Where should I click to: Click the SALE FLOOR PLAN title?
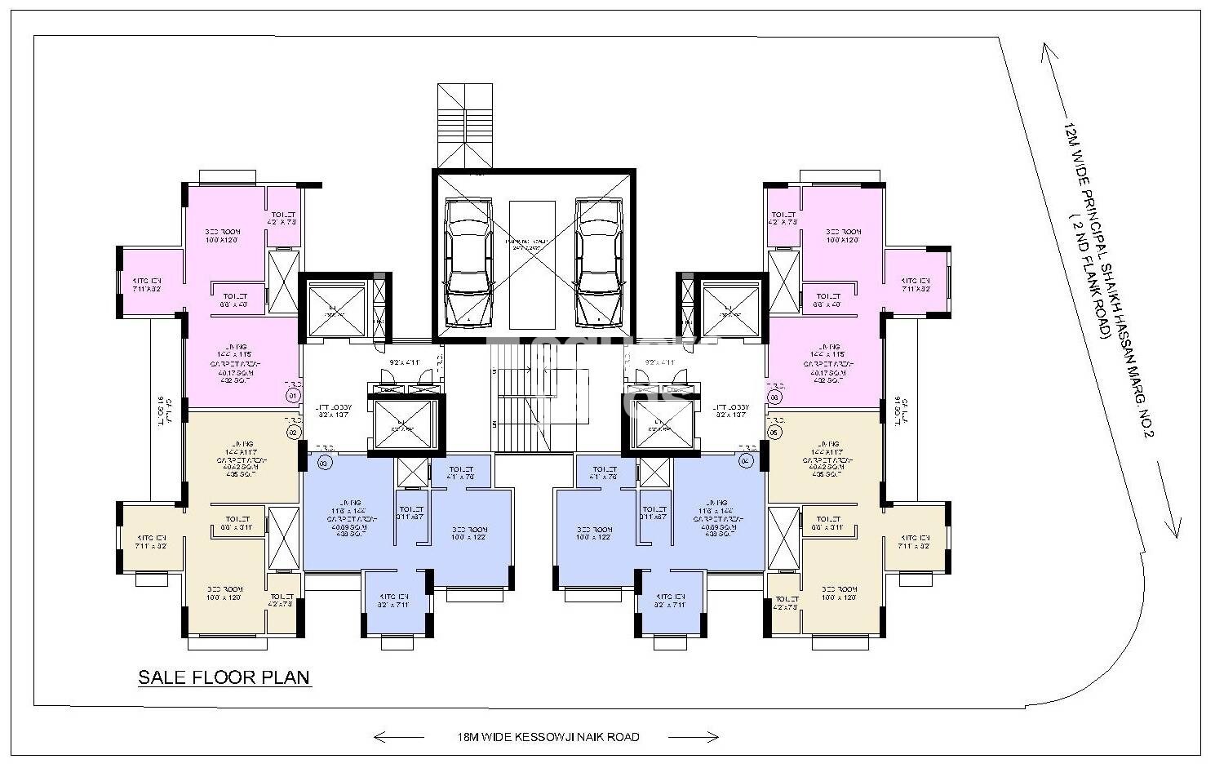[x=224, y=677]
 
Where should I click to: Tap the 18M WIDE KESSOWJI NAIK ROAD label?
[x=548, y=737]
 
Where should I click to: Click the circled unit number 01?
[x=293, y=396]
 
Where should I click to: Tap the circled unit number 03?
[x=323, y=463]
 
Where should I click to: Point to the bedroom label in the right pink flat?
[x=843, y=236]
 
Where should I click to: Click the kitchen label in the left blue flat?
[x=393, y=601]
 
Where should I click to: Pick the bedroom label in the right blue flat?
[x=594, y=533]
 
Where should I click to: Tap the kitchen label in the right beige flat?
[x=916, y=542]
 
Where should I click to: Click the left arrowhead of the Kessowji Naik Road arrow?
[x=377, y=737]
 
